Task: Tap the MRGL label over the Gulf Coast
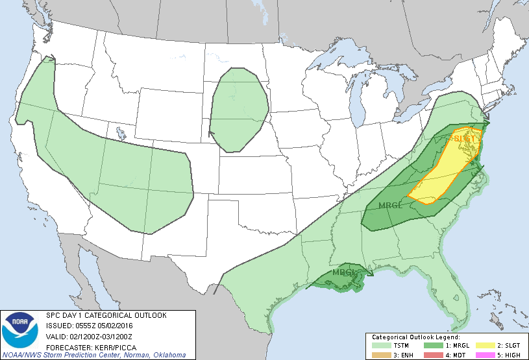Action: pos(344,272)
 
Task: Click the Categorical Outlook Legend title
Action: pos(415,338)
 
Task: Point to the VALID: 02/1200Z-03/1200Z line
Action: pos(88,336)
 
